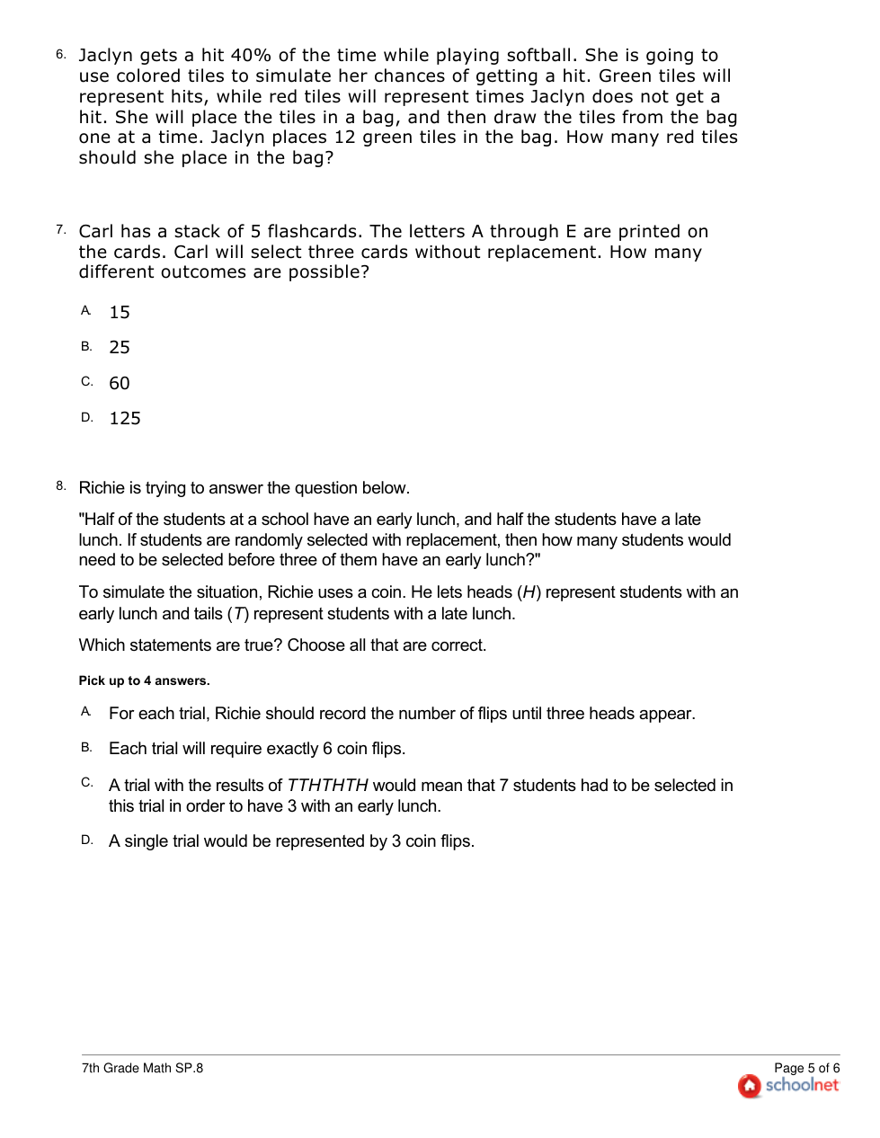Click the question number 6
point(60,55)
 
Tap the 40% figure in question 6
point(251,56)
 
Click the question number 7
point(60,230)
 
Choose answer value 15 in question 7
point(120,313)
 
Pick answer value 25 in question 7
point(120,348)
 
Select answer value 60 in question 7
point(120,384)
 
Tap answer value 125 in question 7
point(125,419)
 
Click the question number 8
point(60,486)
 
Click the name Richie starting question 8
point(102,488)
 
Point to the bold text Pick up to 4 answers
point(144,681)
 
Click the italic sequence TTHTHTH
point(327,786)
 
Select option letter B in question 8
point(86,747)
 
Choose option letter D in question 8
point(86,840)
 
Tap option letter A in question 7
point(86,311)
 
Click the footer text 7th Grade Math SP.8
point(142,1069)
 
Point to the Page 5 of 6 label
point(806,1069)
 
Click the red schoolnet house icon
point(749,1086)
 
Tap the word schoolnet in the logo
point(802,1086)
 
